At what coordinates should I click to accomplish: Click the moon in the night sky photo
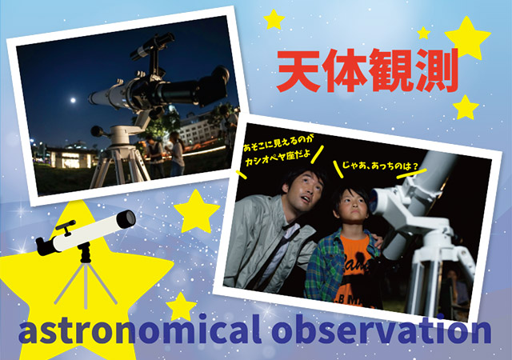click(73, 100)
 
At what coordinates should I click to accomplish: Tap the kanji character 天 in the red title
click(298, 71)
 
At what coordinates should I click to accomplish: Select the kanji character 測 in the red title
click(435, 70)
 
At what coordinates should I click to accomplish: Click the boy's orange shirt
click(356, 269)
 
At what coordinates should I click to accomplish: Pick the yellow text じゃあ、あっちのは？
click(380, 166)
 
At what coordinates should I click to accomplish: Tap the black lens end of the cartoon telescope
click(126, 219)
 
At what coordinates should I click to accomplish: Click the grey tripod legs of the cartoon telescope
click(86, 284)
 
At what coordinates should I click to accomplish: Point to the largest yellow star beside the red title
click(467, 38)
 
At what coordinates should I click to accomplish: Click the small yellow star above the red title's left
click(274, 20)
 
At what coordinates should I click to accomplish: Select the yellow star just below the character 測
click(466, 107)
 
